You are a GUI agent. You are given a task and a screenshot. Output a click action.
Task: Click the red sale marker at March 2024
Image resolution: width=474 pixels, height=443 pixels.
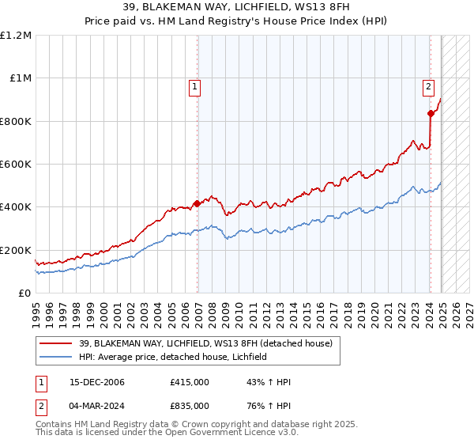tap(431, 113)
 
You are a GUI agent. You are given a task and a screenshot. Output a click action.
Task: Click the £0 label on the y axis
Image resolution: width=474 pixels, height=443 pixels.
tap(25, 293)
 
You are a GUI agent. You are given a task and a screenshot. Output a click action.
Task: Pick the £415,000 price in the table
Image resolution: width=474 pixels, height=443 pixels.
tap(189, 382)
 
